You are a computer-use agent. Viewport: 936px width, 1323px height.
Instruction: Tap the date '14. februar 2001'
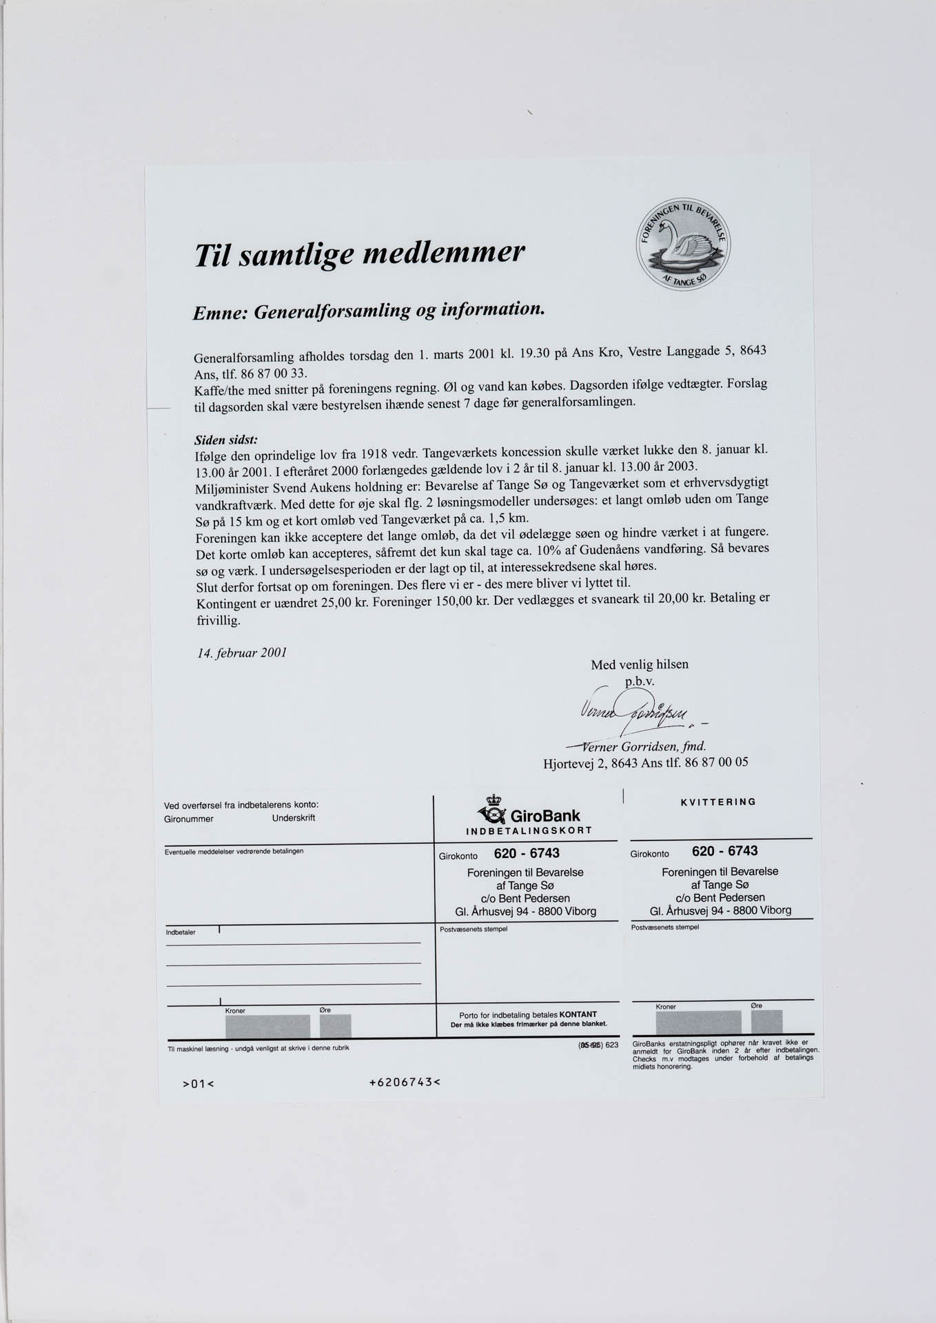(x=242, y=653)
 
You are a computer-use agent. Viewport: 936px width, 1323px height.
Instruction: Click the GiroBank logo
(x=530, y=816)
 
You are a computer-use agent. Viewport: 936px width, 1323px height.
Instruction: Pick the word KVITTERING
(x=718, y=802)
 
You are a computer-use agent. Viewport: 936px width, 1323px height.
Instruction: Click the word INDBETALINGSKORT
(x=529, y=831)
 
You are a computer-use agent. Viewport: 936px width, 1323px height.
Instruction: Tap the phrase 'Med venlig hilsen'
(x=639, y=665)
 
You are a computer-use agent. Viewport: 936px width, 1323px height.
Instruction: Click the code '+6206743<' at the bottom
(x=405, y=1081)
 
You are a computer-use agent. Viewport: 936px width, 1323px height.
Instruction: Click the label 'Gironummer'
(x=188, y=819)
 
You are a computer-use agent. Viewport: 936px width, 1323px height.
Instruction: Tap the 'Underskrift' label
(x=294, y=818)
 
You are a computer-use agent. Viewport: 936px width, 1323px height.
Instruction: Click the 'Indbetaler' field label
(x=181, y=932)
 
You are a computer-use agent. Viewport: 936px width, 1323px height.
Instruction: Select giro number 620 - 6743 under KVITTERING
(x=724, y=851)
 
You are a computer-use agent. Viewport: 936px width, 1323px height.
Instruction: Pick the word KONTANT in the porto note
(x=578, y=1014)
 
